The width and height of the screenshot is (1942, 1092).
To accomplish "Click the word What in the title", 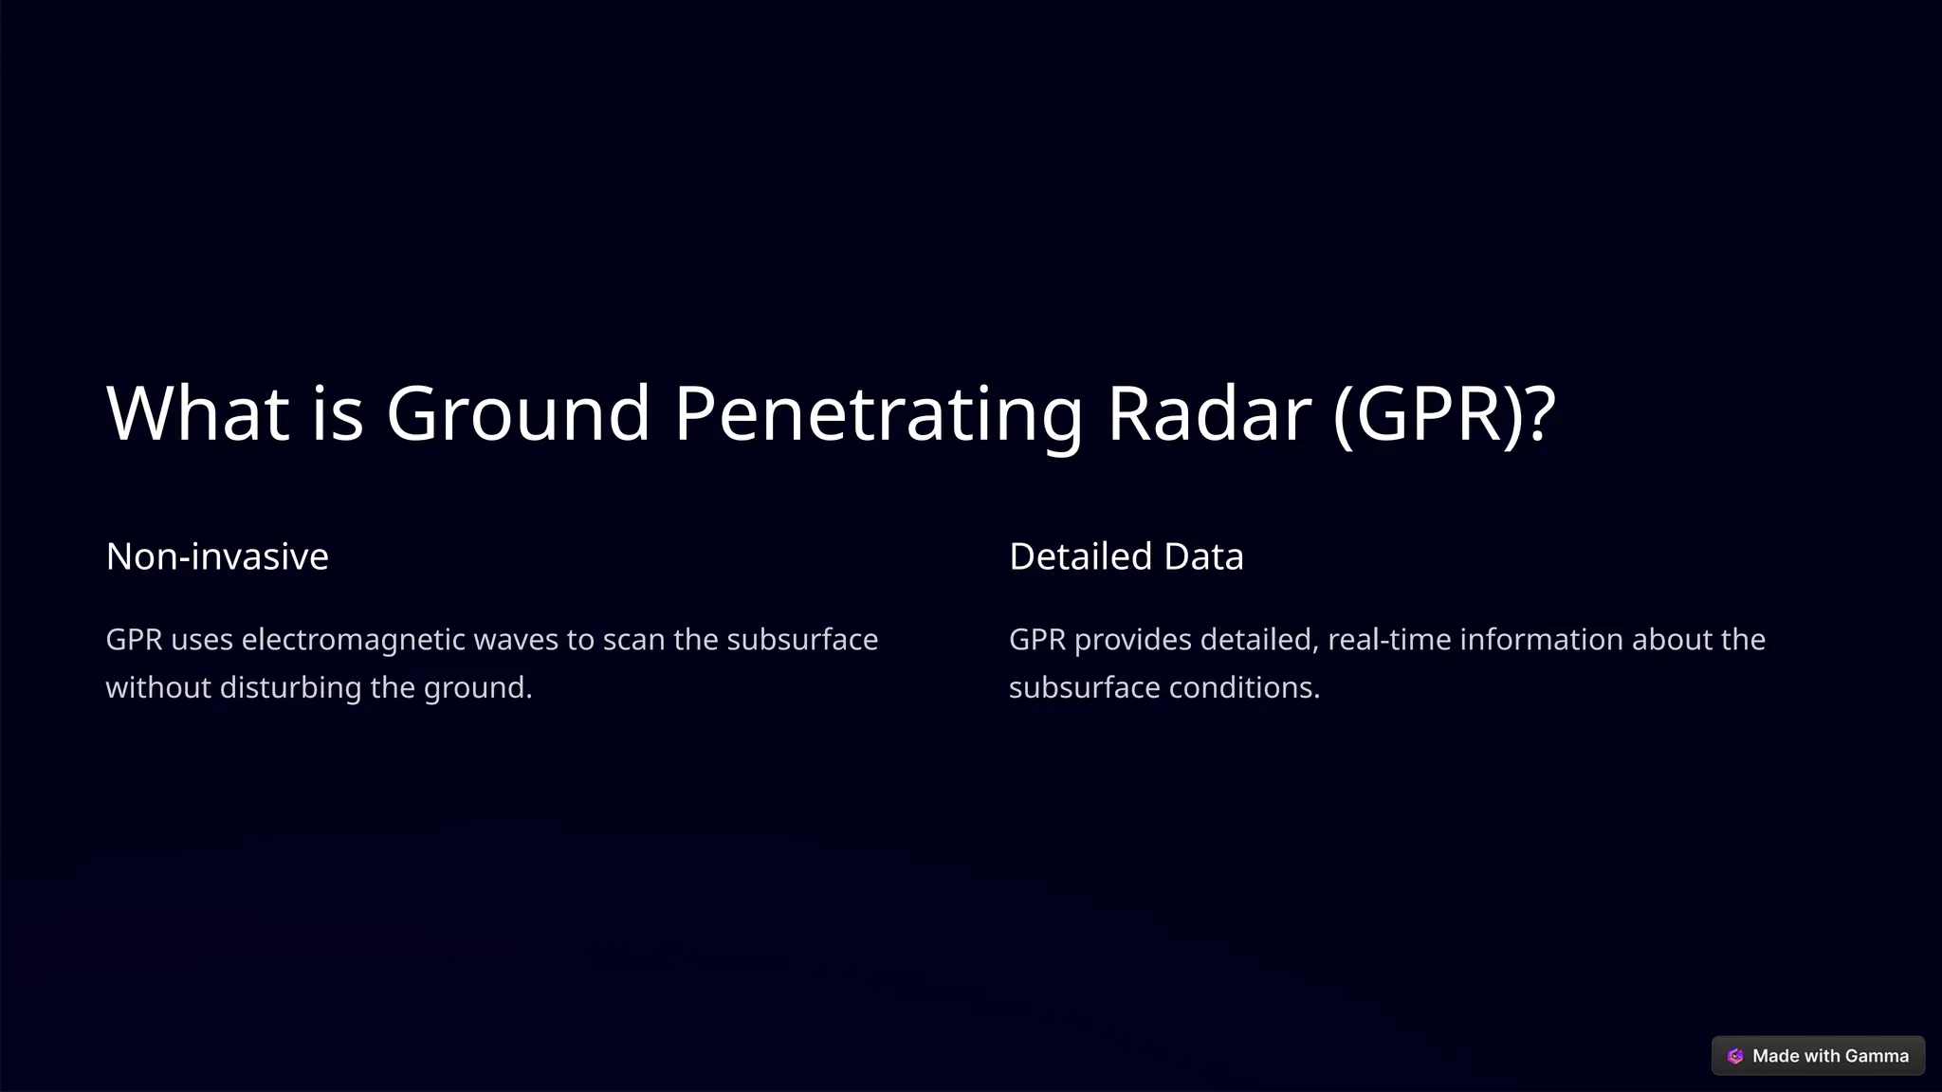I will tap(197, 413).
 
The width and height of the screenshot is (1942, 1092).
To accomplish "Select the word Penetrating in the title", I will tap(878, 413).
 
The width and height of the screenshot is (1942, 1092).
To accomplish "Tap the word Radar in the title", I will tap(1209, 413).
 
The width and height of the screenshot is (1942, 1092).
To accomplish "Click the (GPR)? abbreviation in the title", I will tap(1443, 413).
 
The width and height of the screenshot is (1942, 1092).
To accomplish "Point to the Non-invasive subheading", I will tap(217, 556).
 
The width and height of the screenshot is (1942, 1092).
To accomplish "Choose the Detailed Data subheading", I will tap(1126, 556).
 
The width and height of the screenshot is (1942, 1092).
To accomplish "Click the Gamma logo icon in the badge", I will tap(1735, 1056).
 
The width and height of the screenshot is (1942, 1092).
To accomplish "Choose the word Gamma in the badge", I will tap(1877, 1056).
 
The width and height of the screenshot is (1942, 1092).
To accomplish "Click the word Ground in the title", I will tap(518, 413).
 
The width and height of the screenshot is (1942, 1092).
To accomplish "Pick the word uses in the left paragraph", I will tap(202, 640).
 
